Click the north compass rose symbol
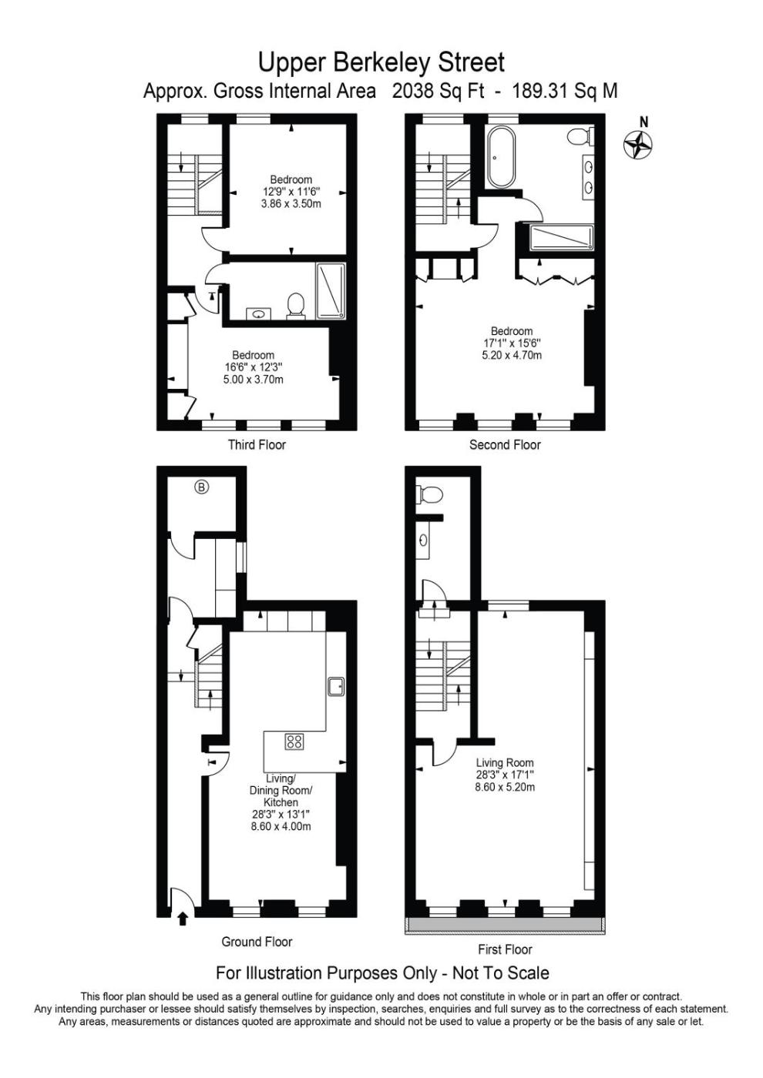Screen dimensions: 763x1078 pyautogui.click(x=637, y=144)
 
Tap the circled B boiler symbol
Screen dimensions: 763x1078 pyautogui.click(x=201, y=487)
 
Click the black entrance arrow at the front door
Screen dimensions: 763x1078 pyautogui.click(x=183, y=919)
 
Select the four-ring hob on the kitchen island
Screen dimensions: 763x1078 pyautogui.click(x=294, y=741)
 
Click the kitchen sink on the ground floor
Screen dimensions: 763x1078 pyautogui.click(x=336, y=686)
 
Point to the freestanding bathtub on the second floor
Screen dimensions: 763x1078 pyautogui.click(x=501, y=157)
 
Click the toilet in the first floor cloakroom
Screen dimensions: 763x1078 pyautogui.click(x=431, y=494)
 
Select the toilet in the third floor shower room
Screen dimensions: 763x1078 pyautogui.click(x=295, y=306)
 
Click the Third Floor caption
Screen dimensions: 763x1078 pyautogui.click(x=257, y=444)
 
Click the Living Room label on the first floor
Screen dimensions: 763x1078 pyautogui.click(x=505, y=762)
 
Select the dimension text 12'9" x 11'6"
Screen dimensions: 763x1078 pyautogui.click(x=291, y=191)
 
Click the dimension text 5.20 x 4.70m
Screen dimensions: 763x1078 pyautogui.click(x=512, y=355)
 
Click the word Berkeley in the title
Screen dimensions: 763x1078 pyautogui.click(x=382, y=62)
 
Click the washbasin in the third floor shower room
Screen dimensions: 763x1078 pyautogui.click(x=259, y=314)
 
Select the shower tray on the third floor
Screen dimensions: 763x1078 pyautogui.click(x=331, y=291)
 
